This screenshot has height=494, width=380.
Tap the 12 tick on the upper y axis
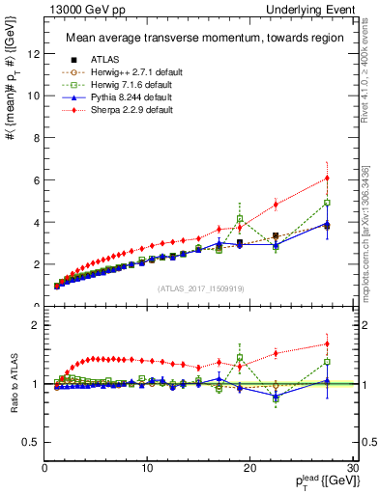click(36, 54)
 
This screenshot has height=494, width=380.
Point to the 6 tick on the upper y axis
click(38, 179)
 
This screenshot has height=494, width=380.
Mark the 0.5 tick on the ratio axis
click(33, 442)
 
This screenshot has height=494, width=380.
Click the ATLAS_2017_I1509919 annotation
click(201, 288)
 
